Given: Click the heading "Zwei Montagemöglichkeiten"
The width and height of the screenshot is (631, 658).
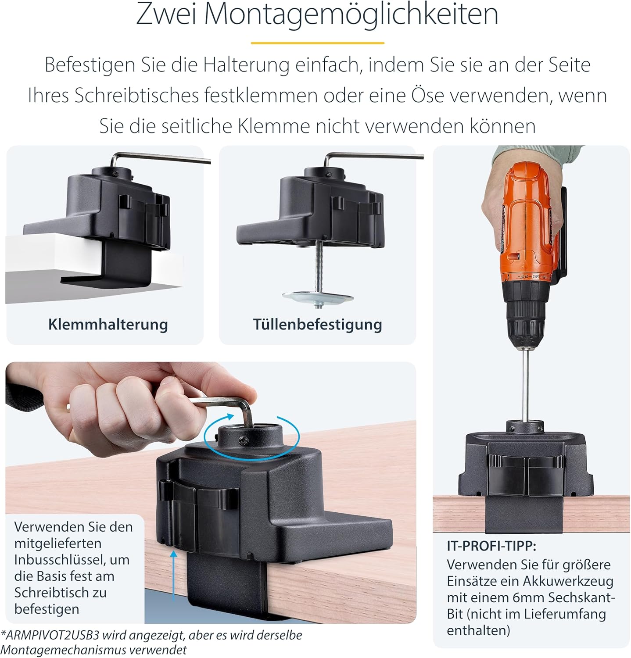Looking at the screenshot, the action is [x=317, y=14].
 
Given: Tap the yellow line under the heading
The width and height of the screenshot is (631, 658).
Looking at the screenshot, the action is [x=317, y=43].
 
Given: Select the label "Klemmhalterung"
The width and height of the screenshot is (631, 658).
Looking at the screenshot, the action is [x=108, y=325].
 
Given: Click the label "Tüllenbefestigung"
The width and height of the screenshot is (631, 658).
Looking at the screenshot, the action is [x=317, y=325].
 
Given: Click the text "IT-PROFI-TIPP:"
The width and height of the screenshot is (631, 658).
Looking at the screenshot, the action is [x=491, y=546].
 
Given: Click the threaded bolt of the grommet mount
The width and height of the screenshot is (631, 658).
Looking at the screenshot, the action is [x=318, y=268].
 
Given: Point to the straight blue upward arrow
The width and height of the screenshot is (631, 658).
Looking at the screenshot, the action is [x=174, y=576].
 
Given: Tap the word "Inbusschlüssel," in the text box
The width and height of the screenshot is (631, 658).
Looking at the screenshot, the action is [x=72, y=560].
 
